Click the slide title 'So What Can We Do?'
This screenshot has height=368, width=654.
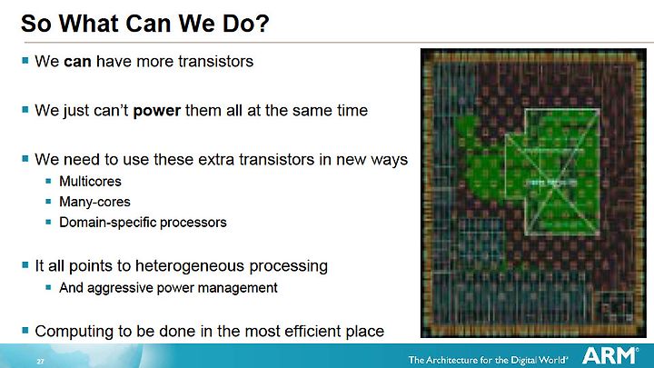pos(145,24)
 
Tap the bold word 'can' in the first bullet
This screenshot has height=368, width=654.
pos(77,62)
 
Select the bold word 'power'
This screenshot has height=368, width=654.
pos(157,112)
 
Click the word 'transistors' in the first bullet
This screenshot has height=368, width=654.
pos(215,62)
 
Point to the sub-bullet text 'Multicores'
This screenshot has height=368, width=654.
pos(90,182)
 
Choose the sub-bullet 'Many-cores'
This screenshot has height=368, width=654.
pos(94,202)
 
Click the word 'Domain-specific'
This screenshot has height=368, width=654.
pos(107,223)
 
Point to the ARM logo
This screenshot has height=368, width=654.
pos(610,356)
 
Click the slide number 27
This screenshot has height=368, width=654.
pos(40,362)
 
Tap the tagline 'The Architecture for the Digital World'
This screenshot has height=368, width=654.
pos(488,360)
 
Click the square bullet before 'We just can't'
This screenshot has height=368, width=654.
pos(25,109)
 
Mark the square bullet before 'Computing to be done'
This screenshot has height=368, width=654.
pos(25,330)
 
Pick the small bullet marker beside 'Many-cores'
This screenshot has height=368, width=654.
pos(48,202)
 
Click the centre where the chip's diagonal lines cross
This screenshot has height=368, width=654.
pos(554,184)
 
